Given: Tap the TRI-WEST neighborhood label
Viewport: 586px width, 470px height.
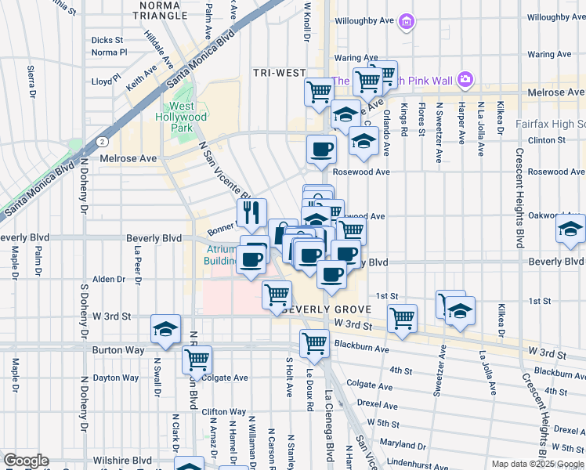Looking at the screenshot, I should tap(279, 73).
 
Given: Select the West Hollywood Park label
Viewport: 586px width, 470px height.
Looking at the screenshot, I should tap(188, 117).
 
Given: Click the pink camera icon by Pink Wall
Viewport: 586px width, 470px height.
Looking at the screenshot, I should tap(465, 79).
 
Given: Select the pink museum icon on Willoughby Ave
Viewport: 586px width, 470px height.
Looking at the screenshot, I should tap(406, 22).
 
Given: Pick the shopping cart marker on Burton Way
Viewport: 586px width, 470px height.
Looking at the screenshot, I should tap(197, 360).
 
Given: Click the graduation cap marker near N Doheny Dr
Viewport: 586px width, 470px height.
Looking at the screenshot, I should tap(165, 329).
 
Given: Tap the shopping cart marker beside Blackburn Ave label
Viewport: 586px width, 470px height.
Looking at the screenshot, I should tap(314, 342).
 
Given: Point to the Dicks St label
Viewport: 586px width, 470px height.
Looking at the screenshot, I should tap(107, 40).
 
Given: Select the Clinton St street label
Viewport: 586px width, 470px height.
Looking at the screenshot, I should tap(547, 140).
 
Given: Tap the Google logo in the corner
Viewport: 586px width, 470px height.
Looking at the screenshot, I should tap(25, 461).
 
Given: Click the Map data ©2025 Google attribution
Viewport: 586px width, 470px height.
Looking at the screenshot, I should tap(537, 464).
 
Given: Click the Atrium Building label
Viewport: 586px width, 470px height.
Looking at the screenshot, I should tap(221, 255).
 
